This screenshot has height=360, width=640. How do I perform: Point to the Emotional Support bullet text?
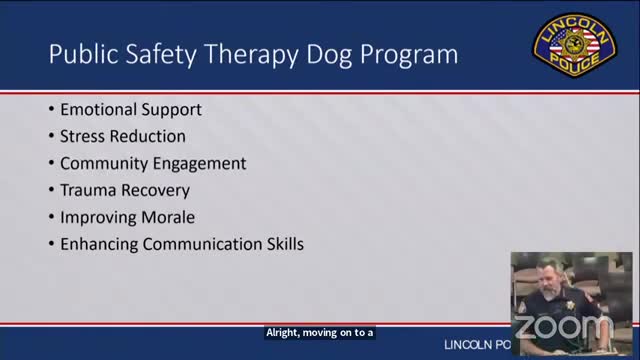click(130, 110)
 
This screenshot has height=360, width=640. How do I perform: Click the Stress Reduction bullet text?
click(123, 136)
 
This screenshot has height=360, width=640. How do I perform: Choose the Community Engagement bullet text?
click(153, 163)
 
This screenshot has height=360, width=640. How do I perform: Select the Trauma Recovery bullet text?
click(125, 189)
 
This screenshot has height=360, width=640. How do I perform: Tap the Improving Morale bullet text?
click(127, 216)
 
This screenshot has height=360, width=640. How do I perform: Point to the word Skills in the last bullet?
click(281, 243)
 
